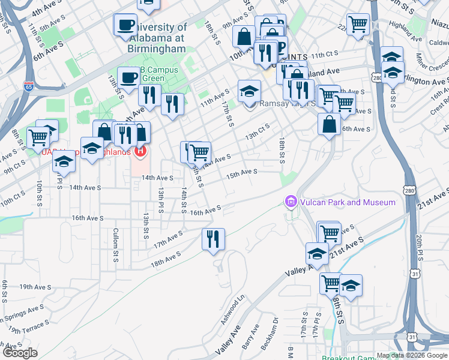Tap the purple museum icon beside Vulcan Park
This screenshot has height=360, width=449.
pos(291,202)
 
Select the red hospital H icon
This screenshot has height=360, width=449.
pos(140,150)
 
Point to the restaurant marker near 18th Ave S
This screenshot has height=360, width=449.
pos(214,238)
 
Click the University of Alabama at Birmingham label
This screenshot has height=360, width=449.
pos(157,37)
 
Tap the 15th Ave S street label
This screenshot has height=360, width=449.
pos(241,172)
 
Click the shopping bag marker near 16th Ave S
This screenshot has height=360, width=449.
pos(329,124)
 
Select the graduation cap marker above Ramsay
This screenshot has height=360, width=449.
pos(249,91)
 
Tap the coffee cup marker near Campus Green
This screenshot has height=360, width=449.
pos(128,76)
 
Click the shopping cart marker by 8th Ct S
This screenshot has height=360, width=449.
pos(38,136)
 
